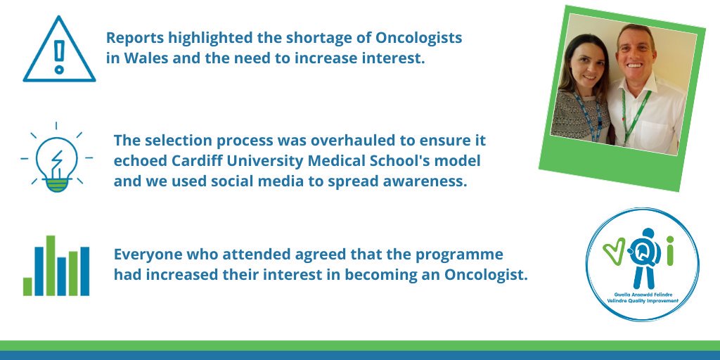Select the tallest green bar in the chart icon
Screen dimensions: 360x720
pyautogui.click(x=50, y=265)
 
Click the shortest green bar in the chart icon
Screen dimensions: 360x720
pyautogui.click(x=27, y=286)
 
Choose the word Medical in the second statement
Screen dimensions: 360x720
pyautogui.click(x=387, y=160)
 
